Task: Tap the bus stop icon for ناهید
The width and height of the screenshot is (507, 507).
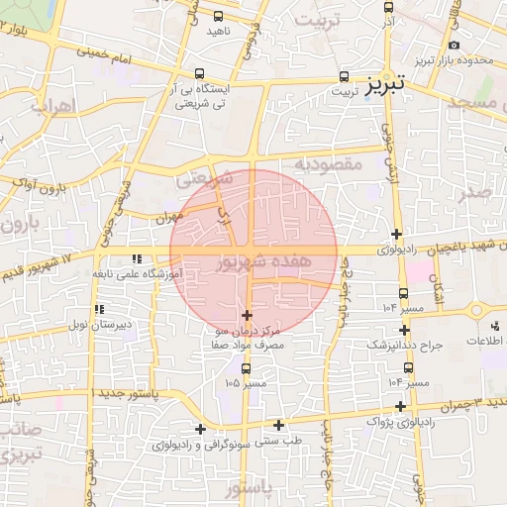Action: [219, 16]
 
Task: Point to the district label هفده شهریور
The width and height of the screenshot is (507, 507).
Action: [253, 262]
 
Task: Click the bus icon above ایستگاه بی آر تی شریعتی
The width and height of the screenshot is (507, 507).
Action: [201, 74]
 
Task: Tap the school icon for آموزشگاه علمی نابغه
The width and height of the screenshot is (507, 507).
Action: [136, 259]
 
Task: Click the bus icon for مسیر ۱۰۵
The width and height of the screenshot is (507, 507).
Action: [246, 369]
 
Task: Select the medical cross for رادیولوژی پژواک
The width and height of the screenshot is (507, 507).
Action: [400, 406]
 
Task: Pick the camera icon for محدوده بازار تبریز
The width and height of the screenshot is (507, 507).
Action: [454, 46]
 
